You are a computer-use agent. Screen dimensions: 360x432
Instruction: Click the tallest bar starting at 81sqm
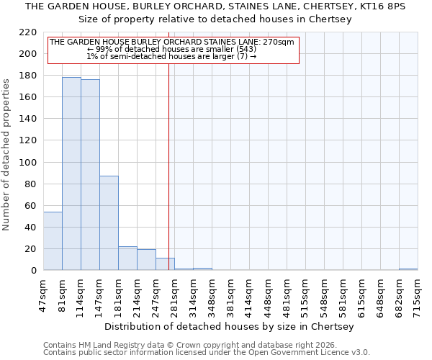pyautogui.click(x=71, y=174)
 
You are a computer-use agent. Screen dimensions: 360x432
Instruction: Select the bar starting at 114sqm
pyautogui.click(x=90, y=175)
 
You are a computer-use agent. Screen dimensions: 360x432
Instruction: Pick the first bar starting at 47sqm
pyautogui.click(x=53, y=241)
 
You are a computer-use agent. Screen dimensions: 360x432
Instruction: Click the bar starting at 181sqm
pyautogui.click(x=127, y=258)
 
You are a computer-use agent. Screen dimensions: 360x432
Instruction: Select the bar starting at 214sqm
pyautogui.click(x=146, y=260)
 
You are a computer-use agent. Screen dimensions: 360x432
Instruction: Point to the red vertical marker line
pyautogui.click(x=168, y=166)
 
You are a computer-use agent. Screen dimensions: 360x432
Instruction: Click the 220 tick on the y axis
pyautogui.click(x=29, y=32)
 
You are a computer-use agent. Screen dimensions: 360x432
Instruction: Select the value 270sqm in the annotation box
pyautogui.click(x=278, y=42)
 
